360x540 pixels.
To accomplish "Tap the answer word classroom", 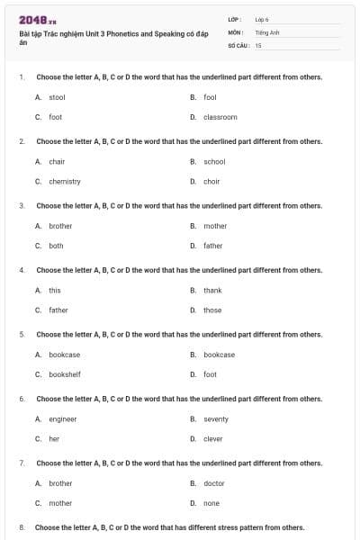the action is (x=220, y=117).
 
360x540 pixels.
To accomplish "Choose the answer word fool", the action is (x=210, y=97).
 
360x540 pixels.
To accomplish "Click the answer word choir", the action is (x=211, y=181).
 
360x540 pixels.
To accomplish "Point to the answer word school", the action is (x=214, y=162).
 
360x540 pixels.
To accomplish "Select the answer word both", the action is (x=56, y=246).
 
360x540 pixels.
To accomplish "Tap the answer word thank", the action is (x=212, y=291).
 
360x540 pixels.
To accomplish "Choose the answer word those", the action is (x=212, y=310).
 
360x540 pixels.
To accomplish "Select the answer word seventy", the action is (x=216, y=419).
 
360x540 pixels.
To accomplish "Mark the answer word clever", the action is (x=213, y=439).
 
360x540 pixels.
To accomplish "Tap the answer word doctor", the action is (x=214, y=483).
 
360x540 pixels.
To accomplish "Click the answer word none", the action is (x=211, y=503).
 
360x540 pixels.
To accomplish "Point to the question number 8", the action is (x=21, y=527).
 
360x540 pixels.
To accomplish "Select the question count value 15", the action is (x=258, y=45).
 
